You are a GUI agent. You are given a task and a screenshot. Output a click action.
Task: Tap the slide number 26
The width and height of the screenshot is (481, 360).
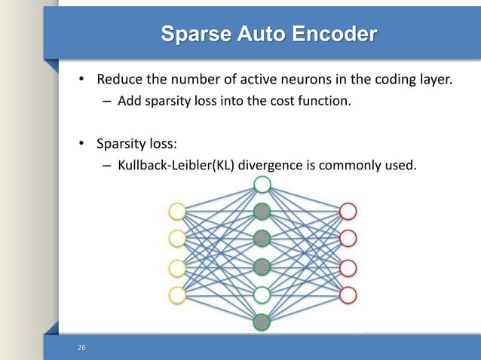pos(82,347)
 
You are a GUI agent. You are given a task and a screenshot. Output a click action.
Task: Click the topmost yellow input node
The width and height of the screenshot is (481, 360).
pos(177,211)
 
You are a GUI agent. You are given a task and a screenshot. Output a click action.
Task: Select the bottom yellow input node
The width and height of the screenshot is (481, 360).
pos(177,294)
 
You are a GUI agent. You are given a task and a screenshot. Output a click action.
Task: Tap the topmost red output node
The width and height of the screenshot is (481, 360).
pos(348,211)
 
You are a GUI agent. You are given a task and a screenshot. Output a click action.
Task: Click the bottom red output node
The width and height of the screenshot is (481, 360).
pos(348,294)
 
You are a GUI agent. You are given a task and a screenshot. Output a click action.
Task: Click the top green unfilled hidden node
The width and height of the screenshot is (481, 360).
pos(262,185)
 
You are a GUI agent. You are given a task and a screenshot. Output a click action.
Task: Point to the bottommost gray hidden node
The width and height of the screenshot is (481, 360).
pos(262,322)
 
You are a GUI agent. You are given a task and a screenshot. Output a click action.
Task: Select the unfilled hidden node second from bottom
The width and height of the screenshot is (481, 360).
pos(262,294)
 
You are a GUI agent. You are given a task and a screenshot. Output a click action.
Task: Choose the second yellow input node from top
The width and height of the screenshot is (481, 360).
pos(177,239)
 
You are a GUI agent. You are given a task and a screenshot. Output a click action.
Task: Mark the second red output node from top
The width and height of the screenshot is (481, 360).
pos(348,239)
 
